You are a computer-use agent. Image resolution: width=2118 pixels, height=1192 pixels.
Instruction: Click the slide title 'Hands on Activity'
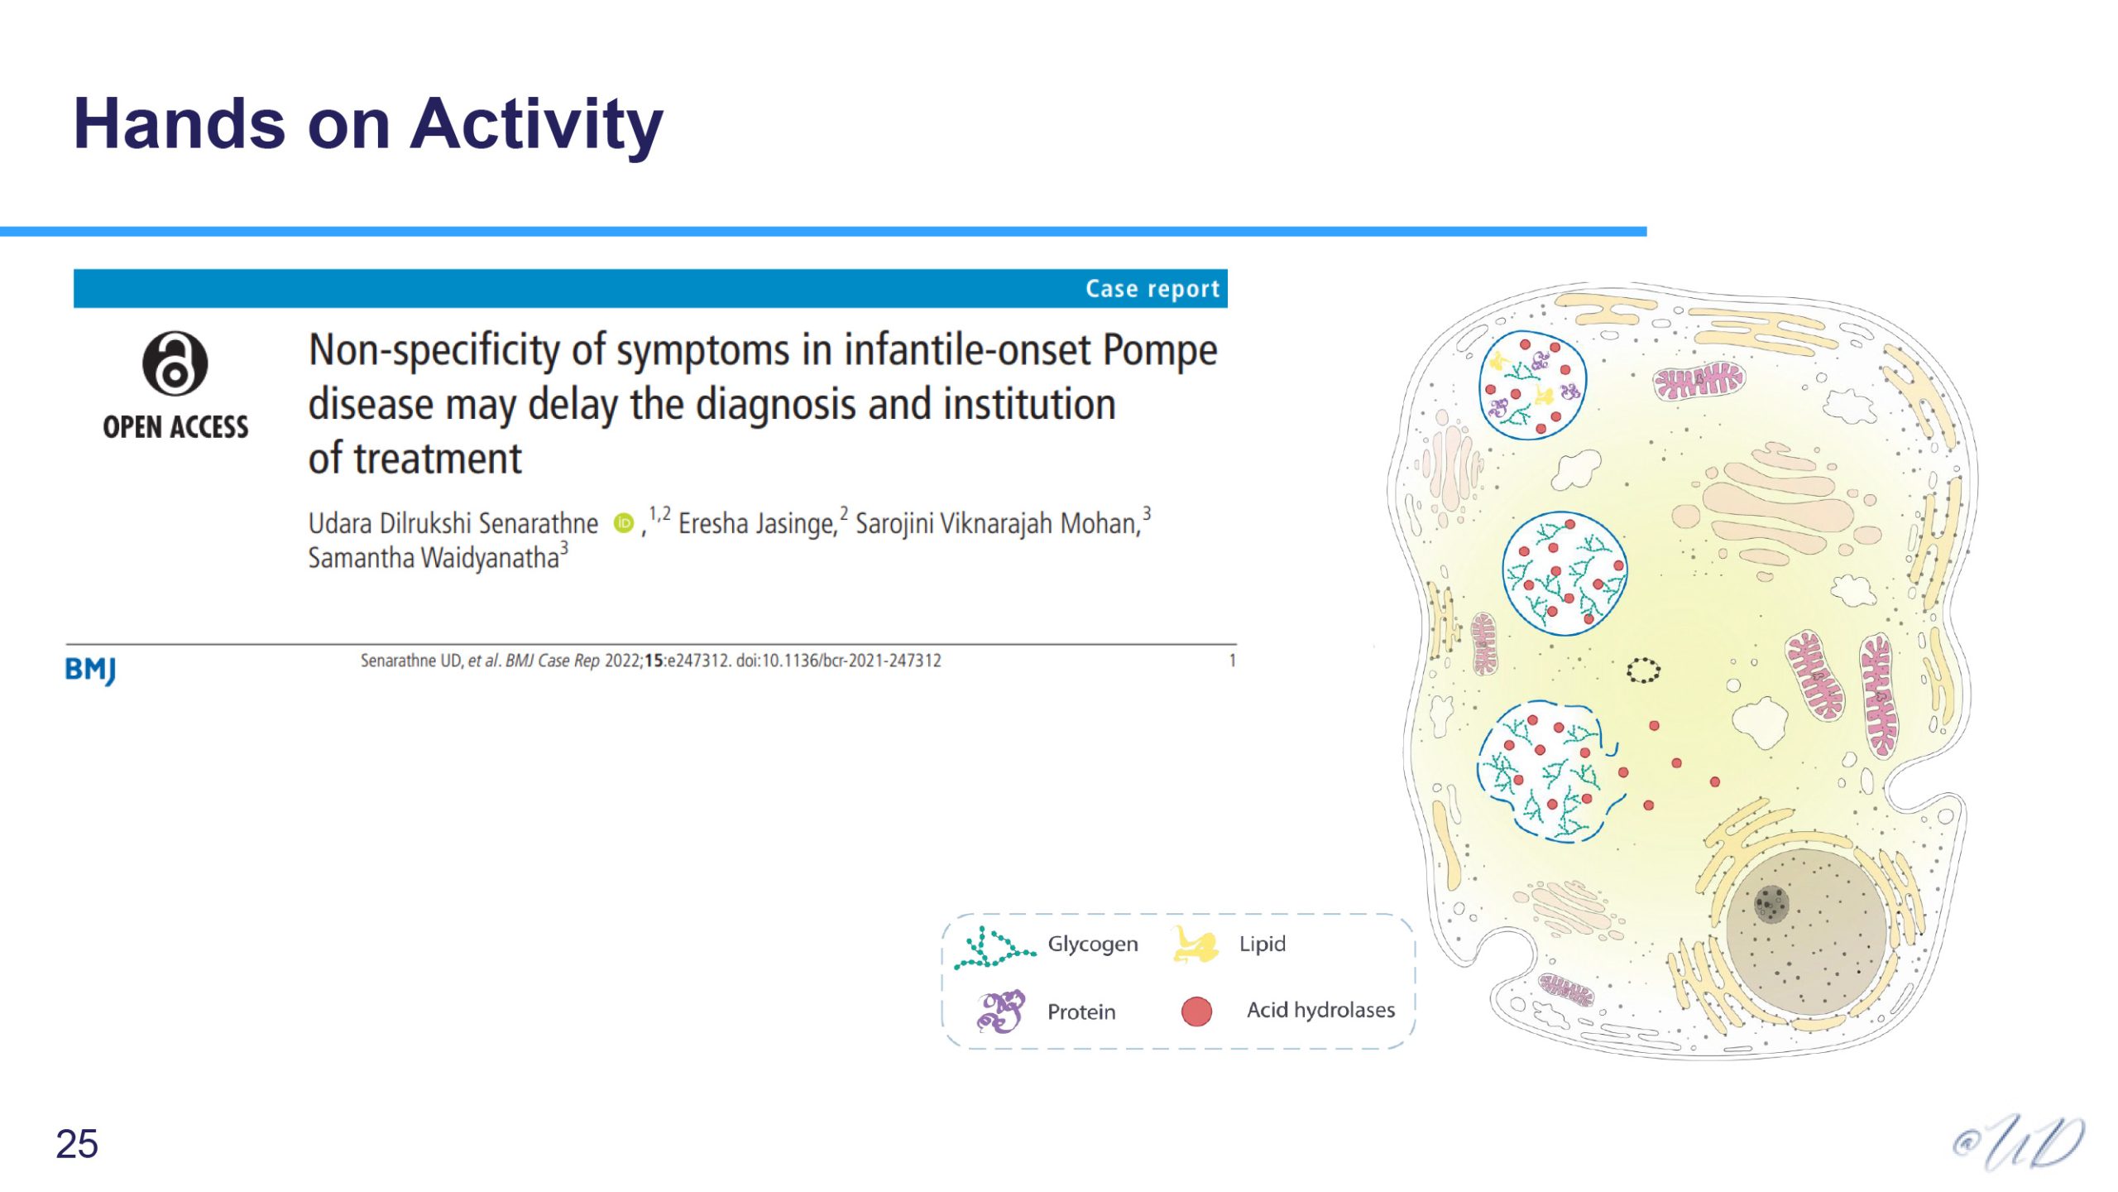pos(368,124)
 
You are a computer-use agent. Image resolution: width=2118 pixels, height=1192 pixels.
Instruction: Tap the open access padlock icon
pos(175,364)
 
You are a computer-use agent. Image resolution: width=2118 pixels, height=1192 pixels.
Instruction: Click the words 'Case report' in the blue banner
pos(1152,289)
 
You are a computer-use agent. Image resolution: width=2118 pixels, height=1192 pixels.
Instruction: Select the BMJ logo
pos(90,670)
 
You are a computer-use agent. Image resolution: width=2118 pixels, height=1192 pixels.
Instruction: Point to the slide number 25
pos(77,1145)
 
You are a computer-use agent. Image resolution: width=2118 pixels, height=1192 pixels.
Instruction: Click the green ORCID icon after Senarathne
pos(624,523)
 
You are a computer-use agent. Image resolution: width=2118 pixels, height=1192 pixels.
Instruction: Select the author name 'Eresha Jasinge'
pos(757,524)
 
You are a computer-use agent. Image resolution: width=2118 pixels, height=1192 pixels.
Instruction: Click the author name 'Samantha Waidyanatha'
pos(434,558)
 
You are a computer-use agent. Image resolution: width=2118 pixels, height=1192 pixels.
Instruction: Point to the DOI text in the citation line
pos(839,661)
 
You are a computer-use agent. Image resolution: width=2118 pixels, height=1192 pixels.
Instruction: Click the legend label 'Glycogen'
pos(1093,944)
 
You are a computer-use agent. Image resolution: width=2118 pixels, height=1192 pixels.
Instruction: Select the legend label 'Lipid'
pos(1263,944)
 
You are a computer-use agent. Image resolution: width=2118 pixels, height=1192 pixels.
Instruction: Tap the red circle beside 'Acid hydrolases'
pos(1196,1012)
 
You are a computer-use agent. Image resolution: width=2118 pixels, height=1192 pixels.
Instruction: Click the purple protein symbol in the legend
pos(1001,1012)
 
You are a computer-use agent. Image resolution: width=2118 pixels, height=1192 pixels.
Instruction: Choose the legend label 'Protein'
pos(1081,1012)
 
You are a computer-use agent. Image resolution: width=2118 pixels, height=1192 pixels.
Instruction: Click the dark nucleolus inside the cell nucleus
pos(1771,903)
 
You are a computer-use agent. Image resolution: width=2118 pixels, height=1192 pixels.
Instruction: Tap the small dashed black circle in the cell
pos(1643,670)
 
